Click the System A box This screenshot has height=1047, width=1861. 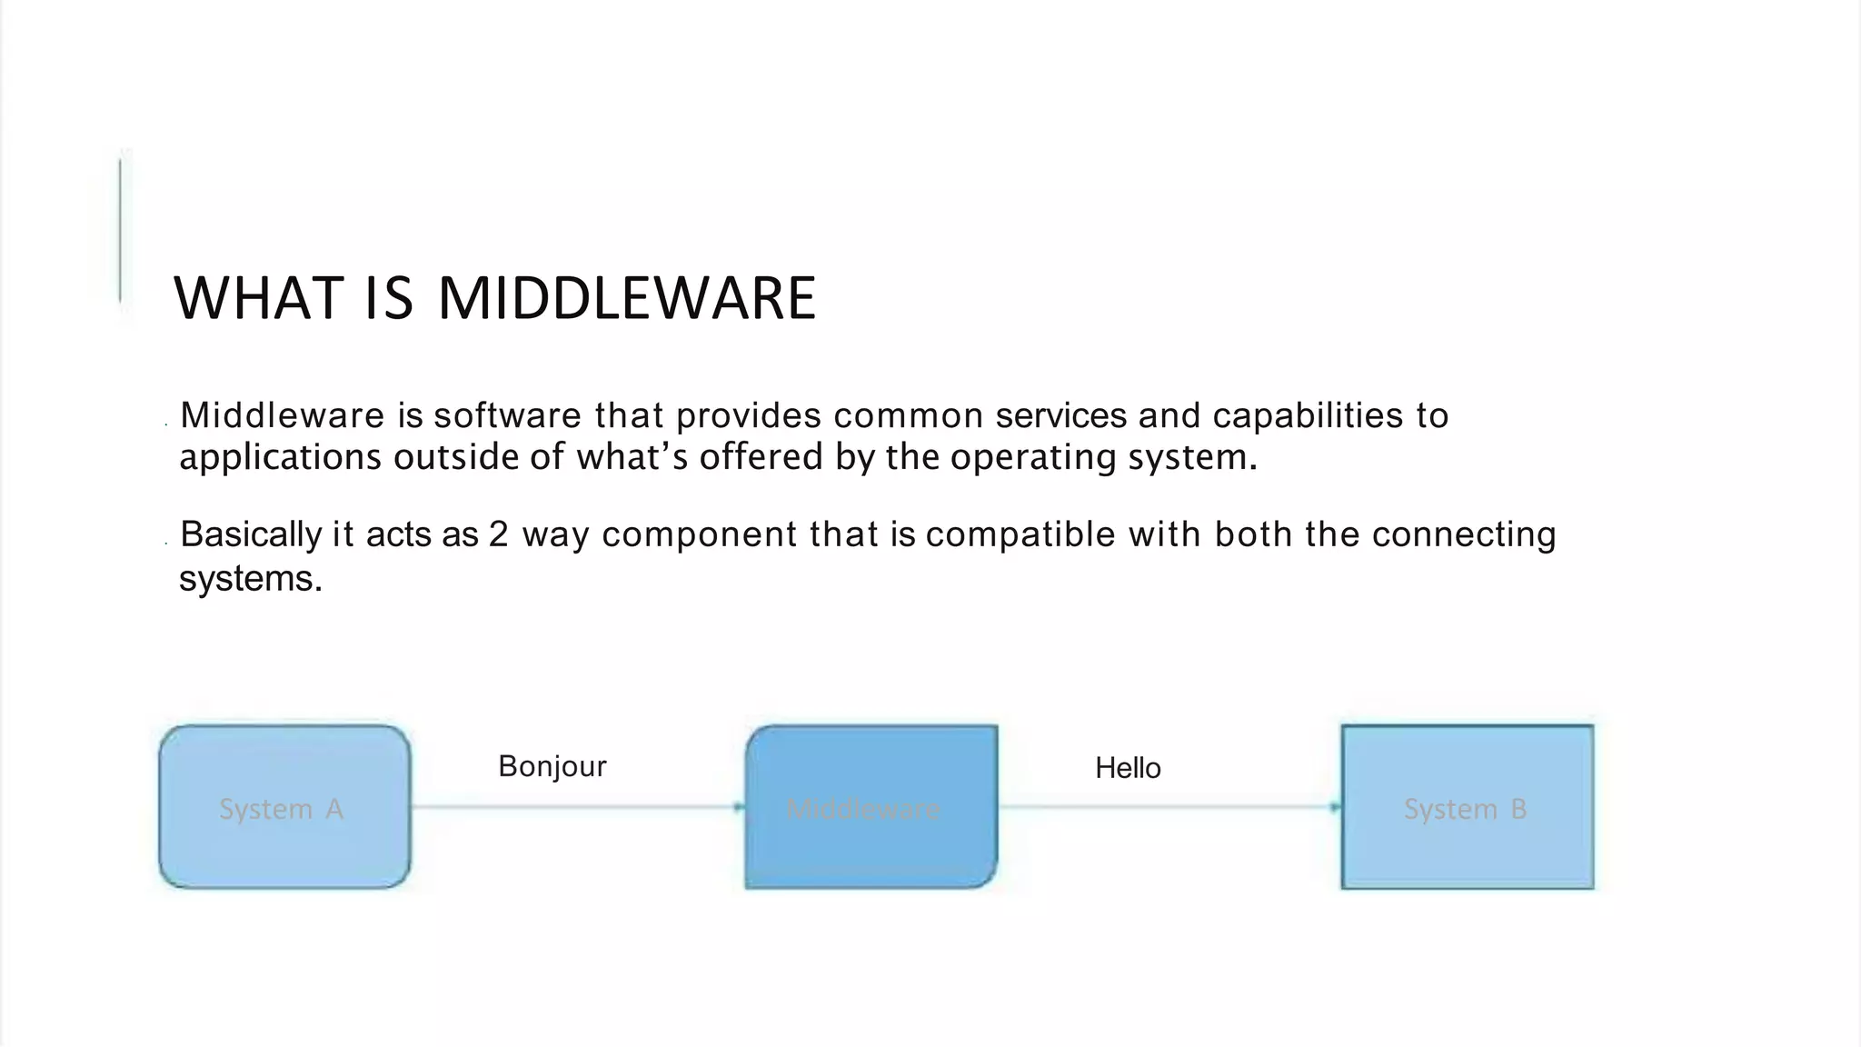click(x=284, y=807)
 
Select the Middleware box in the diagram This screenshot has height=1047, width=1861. click(x=871, y=807)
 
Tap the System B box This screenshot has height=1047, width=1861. click(x=1467, y=807)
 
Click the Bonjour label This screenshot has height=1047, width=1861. click(x=552, y=766)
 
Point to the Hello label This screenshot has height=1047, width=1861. click(x=1128, y=768)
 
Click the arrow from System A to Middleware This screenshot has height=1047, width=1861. click(x=577, y=807)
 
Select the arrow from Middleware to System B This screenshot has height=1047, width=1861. click(x=1169, y=807)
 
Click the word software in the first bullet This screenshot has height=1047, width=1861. click(x=507, y=415)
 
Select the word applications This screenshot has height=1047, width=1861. click(x=280, y=456)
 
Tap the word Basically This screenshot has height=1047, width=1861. click(x=251, y=534)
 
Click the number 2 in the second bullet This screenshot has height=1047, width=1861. click(x=498, y=534)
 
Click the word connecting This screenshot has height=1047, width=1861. click(x=1464, y=534)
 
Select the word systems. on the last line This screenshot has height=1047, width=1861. click(x=251, y=579)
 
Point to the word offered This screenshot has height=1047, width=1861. click(x=761, y=456)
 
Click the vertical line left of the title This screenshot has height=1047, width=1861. click(x=120, y=231)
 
